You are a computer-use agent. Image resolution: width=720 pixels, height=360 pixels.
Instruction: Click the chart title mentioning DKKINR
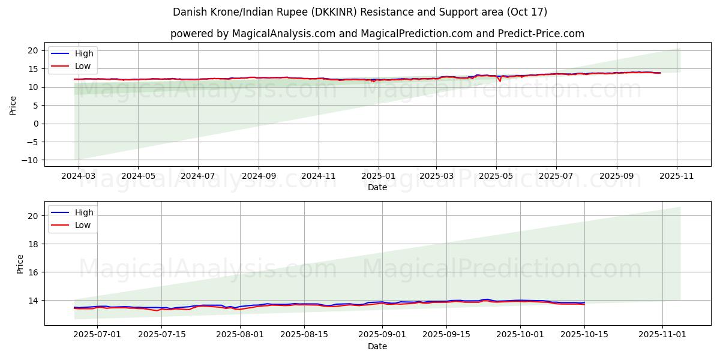(x=360, y=12)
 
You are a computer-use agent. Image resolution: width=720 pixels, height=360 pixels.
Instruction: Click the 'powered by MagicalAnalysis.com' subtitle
(x=377, y=34)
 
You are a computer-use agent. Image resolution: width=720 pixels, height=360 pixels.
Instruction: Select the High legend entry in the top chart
(x=83, y=53)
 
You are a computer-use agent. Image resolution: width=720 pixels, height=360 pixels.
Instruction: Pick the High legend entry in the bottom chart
(x=83, y=212)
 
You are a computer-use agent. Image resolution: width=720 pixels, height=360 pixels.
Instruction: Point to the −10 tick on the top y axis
(x=31, y=160)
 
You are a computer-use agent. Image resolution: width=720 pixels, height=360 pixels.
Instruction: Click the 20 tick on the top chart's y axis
(x=34, y=50)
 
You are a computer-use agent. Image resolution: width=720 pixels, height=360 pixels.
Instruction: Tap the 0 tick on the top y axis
(x=36, y=124)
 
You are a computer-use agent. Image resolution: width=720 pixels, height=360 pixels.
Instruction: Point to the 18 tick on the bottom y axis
(x=34, y=244)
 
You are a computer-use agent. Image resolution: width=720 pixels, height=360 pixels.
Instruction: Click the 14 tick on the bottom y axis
(x=34, y=300)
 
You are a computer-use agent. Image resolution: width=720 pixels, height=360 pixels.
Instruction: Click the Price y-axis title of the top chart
(x=13, y=105)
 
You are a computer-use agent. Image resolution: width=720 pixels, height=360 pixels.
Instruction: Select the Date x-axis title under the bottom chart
(x=377, y=346)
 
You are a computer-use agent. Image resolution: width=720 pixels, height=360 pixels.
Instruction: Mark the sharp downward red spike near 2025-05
(x=500, y=80)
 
